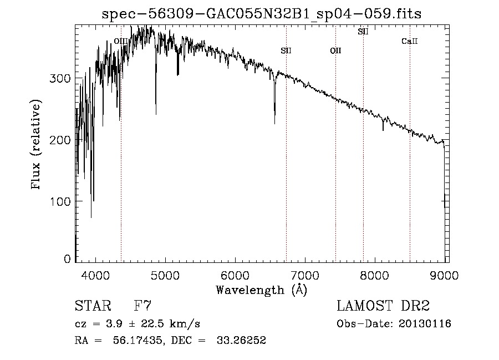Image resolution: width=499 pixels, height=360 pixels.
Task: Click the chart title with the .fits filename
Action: coord(262,14)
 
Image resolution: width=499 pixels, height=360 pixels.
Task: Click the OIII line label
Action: coord(120,41)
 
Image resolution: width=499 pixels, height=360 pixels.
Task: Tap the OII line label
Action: coord(335,51)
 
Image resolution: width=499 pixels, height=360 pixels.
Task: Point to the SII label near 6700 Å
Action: coord(286,51)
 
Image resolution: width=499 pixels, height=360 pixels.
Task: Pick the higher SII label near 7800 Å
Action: coord(363,32)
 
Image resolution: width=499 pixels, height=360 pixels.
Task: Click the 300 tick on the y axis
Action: coord(62,79)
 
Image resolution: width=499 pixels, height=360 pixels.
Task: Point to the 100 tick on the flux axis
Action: coord(62,201)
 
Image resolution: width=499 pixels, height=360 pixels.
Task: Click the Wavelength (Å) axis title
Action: coord(261,290)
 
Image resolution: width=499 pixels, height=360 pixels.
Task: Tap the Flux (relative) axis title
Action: coord(37,145)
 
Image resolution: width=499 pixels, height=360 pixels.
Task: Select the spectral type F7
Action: coord(143,306)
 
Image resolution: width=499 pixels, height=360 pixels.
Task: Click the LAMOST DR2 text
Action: coord(383,306)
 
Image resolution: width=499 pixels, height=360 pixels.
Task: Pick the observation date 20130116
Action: coord(425,324)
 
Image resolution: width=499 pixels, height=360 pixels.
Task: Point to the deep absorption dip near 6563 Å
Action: coord(274,119)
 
